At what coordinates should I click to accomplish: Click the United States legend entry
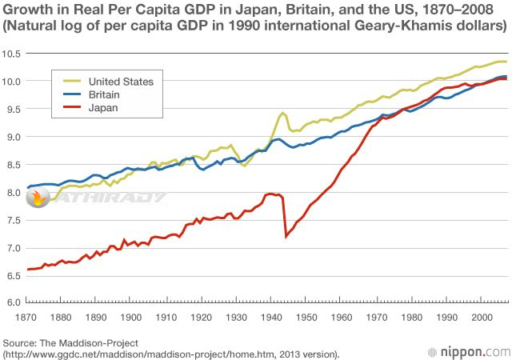121,81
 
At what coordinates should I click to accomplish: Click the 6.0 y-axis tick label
12,302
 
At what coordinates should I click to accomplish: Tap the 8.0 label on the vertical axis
12,192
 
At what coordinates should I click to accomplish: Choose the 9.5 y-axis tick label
12,109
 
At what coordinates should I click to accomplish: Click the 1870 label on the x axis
27,318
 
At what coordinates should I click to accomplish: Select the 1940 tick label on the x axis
272,318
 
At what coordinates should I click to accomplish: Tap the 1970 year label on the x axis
377,318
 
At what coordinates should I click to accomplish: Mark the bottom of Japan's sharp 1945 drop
286,236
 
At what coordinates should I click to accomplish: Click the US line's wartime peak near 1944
283,113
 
